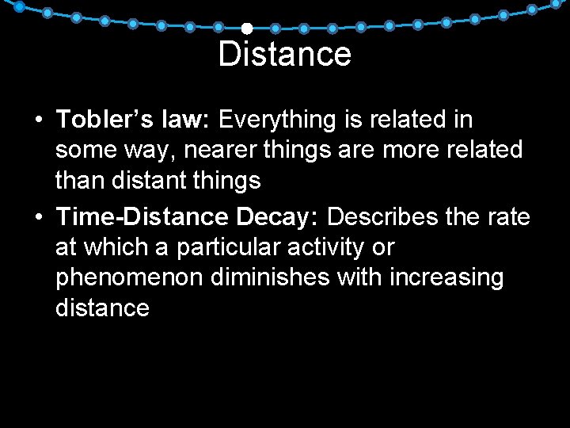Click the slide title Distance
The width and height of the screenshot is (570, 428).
click(x=284, y=55)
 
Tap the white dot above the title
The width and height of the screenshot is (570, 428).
click(x=246, y=29)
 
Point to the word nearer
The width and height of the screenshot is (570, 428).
click(x=206, y=150)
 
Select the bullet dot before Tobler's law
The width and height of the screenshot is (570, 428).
click(x=38, y=121)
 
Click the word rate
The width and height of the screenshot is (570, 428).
click(x=511, y=216)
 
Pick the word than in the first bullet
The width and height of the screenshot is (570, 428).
click(x=78, y=181)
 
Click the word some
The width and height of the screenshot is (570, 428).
click(x=82, y=150)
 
